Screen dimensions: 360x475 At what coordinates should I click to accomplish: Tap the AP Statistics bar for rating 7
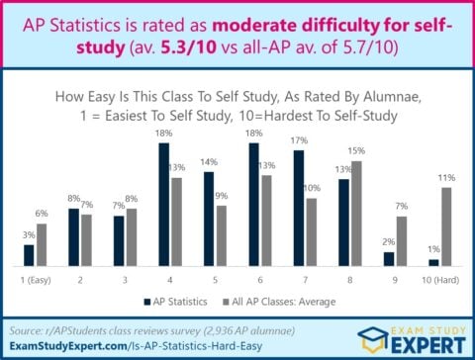point(299,209)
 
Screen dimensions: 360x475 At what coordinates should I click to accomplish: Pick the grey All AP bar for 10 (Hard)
point(446,226)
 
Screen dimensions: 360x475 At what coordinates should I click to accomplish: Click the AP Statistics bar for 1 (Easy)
point(29,255)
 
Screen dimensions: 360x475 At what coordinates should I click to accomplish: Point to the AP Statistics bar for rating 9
point(389,259)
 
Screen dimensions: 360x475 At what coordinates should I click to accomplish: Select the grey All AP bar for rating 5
point(221,235)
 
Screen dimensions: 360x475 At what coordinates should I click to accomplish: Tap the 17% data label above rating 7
point(299,140)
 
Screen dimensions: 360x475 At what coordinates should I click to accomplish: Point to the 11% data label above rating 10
point(447,177)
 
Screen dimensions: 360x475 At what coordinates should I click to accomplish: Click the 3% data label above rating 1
point(29,234)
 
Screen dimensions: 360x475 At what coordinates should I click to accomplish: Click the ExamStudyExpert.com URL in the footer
point(105,347)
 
